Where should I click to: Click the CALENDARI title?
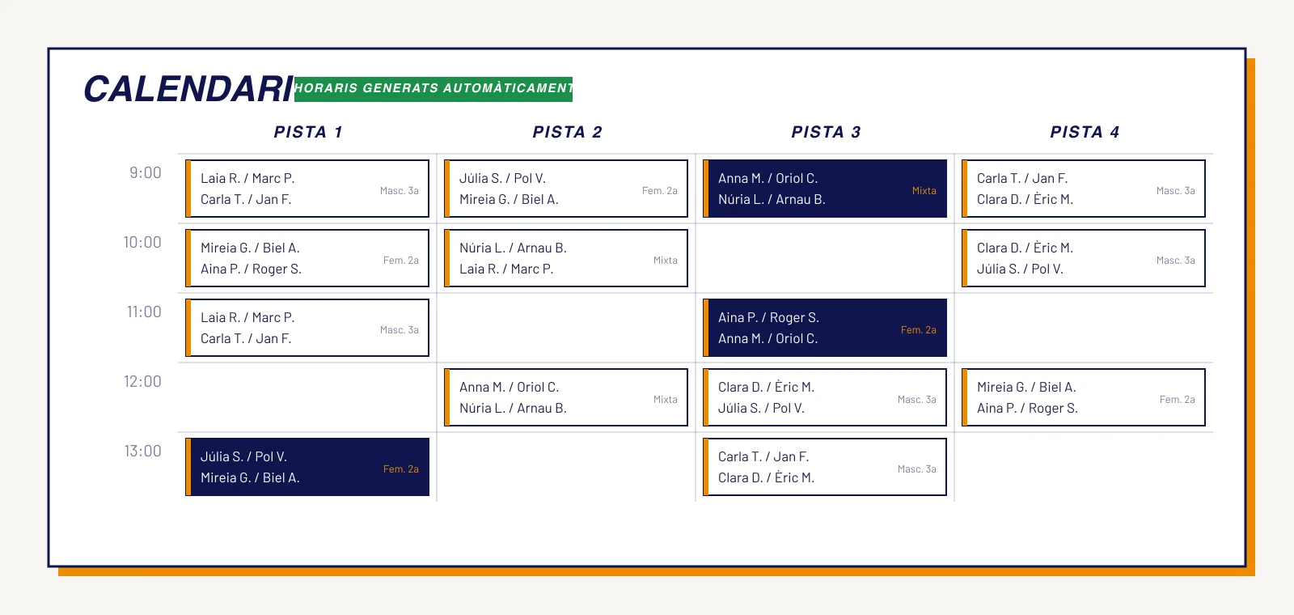[x=188, y=90]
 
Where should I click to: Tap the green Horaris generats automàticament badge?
[x=433, y=89]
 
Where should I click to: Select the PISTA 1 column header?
[x=308, y=133]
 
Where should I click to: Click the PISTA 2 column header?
[x=567, y=133]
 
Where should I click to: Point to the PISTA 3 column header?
[x=826, y=133]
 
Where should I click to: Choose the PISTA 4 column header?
[x=1085, y=133]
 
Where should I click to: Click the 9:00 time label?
[x=146, y=173]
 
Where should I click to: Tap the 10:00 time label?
[x=142, y=242]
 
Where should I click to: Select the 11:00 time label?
[x=144, y=312]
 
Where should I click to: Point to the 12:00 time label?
[x=142, y=381]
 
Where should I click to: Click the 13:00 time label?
[x=142, y=451]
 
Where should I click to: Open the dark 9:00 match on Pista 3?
[x=824, y=189]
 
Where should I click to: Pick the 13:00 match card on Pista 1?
[x=307, y=467]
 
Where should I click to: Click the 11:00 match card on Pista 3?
[x=824, y=328]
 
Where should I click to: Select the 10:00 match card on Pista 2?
[x=565, y=258]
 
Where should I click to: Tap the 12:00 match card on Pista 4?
[x=1083, y=397]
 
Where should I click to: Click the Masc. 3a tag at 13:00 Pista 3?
[x=917, y=469]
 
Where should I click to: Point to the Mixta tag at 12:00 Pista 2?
[x=665, y=400]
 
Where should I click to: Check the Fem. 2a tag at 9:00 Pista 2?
[x=660, y=191]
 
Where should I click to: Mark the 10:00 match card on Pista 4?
[x=1083, y=258]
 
